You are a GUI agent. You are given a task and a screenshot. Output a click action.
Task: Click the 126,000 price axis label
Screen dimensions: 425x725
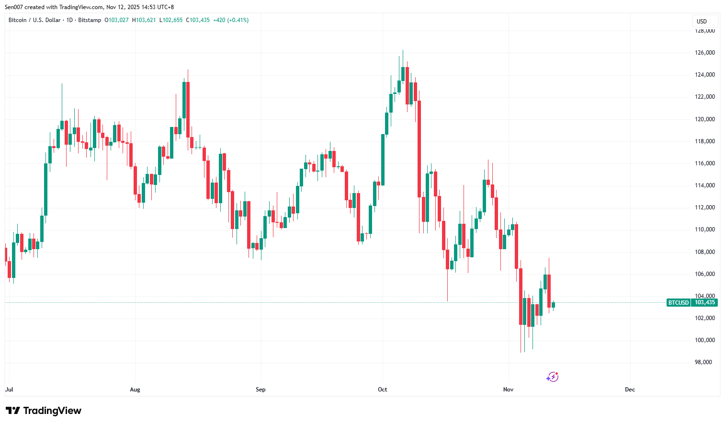(704, 53)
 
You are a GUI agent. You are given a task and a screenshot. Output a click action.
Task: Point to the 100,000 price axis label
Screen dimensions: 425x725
(704, 340)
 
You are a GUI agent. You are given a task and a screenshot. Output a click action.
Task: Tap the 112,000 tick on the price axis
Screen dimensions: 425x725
(704, 207)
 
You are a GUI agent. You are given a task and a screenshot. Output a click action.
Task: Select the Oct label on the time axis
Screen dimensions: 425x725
(382, 390)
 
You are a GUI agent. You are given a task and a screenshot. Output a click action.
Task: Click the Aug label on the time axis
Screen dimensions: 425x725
(135, 390)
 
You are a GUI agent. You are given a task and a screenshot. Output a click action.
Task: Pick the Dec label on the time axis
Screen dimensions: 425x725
(630, 390)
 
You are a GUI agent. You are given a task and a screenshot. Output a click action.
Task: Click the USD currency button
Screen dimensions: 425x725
(702, 22)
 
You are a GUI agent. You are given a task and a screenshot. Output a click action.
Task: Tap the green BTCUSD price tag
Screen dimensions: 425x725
(678, 303)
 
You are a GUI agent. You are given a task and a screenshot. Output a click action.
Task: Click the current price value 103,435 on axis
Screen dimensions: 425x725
(705, 303)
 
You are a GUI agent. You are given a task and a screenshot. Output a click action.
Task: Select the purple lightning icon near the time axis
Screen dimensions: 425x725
(552, 377)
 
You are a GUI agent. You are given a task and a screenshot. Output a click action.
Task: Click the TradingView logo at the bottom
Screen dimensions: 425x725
(44, 411)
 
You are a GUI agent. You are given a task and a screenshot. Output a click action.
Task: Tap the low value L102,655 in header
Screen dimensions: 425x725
(171, 20)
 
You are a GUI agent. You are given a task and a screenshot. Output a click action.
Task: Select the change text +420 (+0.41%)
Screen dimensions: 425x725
(231, 20)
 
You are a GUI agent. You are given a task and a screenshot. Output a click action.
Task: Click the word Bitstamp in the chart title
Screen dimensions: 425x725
(90, 20)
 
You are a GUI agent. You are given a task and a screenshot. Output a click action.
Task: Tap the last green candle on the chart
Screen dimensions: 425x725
(553, 305)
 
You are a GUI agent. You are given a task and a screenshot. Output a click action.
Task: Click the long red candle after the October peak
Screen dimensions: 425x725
(419, 149)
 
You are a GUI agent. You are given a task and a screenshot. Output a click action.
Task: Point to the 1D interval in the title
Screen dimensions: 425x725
(69, 20)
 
